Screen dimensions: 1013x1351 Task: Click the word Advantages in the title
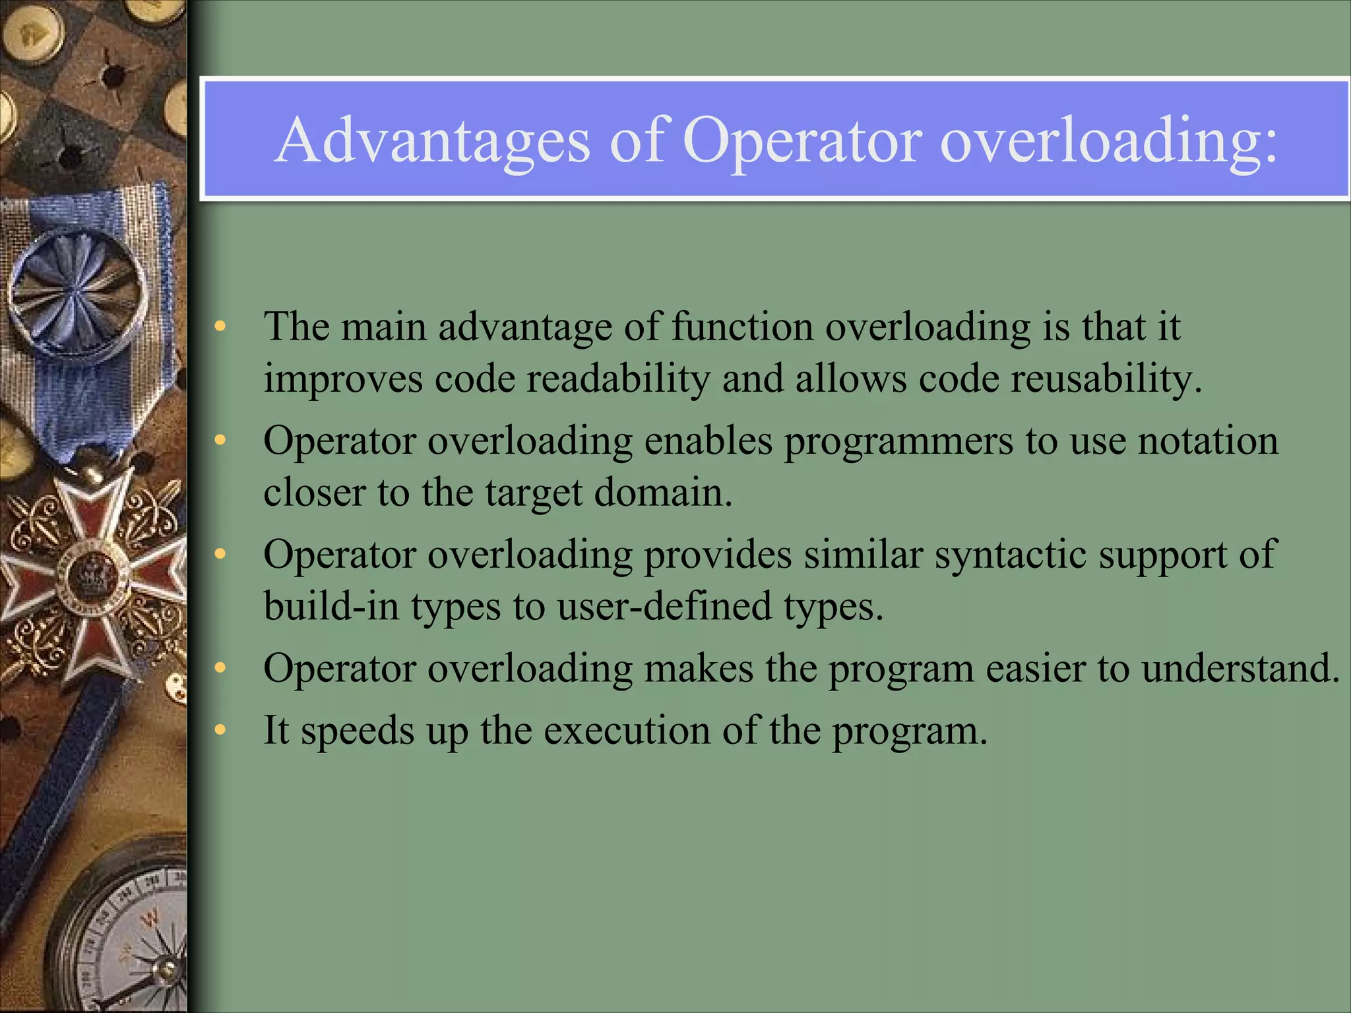432,140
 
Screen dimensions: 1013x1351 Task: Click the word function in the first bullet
742,326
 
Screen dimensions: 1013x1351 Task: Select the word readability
618,379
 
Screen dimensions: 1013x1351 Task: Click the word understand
1240,668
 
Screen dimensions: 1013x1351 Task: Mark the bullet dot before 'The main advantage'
220,326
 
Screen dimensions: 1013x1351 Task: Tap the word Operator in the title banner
802,140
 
